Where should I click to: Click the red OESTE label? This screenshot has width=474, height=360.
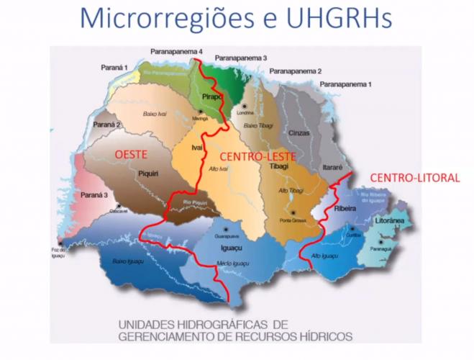(x=137, y=153)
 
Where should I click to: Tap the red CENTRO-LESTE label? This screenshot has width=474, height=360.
(x=252, y=155)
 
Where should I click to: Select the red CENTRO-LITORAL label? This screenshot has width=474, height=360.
(x=414, y=176)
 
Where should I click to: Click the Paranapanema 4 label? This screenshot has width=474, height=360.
(x=177, y=52)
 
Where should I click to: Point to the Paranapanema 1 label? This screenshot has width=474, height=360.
(x=347, y=84)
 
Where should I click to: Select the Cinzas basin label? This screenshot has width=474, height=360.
(x=298, y=133)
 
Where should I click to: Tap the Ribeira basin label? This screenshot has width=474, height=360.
(x=346, y=208)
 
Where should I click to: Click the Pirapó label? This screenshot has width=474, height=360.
(x=211, y=96)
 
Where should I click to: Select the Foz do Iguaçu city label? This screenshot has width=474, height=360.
(x=59, y=249)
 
